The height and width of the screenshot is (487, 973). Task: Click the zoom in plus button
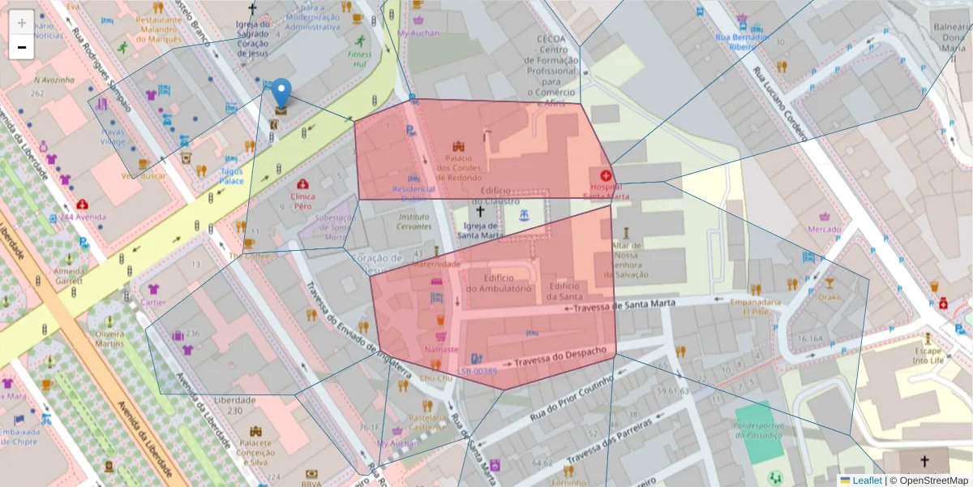(21, 23)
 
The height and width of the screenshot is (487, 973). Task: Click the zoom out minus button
(21, 47)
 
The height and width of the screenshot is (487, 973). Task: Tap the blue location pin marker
(281, 93)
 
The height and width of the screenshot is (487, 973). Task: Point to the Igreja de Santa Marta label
(479, 231)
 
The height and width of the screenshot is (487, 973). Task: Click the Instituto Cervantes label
(414, 222)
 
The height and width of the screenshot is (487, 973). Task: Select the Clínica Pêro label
(302, 201)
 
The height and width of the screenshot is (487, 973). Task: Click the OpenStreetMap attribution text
(928, 480)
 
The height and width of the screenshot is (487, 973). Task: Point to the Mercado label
(825, 229)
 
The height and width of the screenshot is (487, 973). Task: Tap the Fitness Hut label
(359, 60)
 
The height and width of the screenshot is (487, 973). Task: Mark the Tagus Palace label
(231, 176)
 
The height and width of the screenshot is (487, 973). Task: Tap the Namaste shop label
(441, 349)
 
